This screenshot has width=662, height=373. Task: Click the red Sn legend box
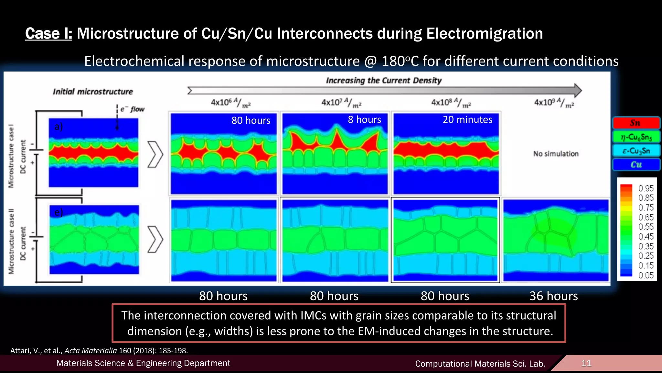coord(636,123)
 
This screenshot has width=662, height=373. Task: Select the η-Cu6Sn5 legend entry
coord(636,137)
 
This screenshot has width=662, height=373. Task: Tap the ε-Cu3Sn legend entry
coord(636,151)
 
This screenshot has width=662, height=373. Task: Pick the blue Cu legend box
coord(636,164)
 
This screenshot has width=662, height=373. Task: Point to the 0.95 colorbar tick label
coord(646,188)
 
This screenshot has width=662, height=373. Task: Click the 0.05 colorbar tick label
coord(646,276)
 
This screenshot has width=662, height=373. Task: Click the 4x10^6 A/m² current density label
coord(230,103)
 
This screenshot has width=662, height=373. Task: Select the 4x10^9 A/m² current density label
coord(554,103)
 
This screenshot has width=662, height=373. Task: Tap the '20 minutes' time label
coord(467,120)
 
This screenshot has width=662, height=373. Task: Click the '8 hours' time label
coord(364,120)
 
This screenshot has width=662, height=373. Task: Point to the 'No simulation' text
coord(556,154)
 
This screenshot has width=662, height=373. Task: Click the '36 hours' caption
coord(553,296)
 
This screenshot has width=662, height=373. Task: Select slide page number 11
coord(586,363)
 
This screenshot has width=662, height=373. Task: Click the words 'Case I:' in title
coord(49,34)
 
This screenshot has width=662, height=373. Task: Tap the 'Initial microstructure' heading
coord(93,92)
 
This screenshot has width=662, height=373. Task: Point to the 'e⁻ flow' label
coord(132,109)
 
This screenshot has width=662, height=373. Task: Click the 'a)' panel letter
coord(59,126)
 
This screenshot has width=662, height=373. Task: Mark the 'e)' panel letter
coord(59,212)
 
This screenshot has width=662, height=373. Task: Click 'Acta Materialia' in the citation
coord(91,351)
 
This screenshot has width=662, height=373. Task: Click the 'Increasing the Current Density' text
coord(384,80)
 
